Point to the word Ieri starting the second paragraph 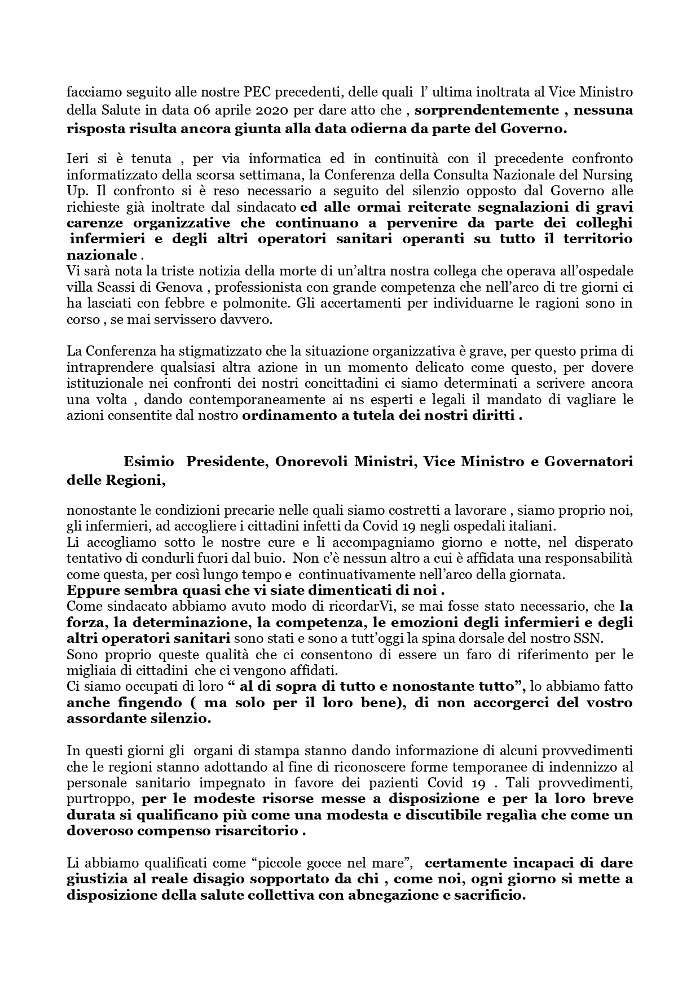point(78,158)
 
